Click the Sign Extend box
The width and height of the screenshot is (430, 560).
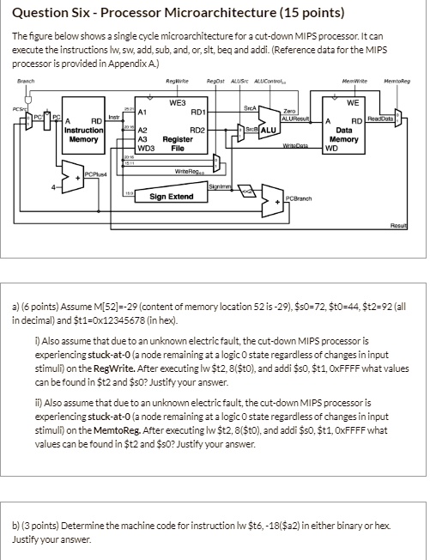click(x=172, y=197)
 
